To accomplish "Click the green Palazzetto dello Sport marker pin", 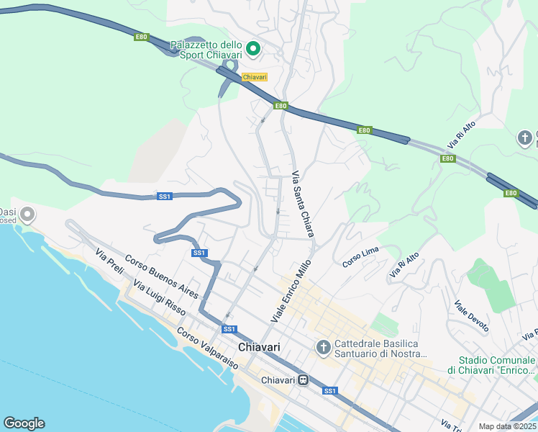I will [x=252, y=49].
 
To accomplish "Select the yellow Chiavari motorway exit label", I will [x=255, y=77].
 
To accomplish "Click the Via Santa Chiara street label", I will [x=302, y=199].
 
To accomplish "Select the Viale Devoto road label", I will [x=471, y=317].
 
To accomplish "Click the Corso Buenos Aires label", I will [x=161, y=277].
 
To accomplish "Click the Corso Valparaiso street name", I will [x=207, y=349].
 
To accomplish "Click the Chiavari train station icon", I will [x=304, y=379].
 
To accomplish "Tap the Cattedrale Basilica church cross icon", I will [x=324, y=348].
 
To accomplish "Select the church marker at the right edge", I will [x=526, y=138].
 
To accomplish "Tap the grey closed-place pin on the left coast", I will [x=27, y=214].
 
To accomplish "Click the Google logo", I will [x=24, y=423].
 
